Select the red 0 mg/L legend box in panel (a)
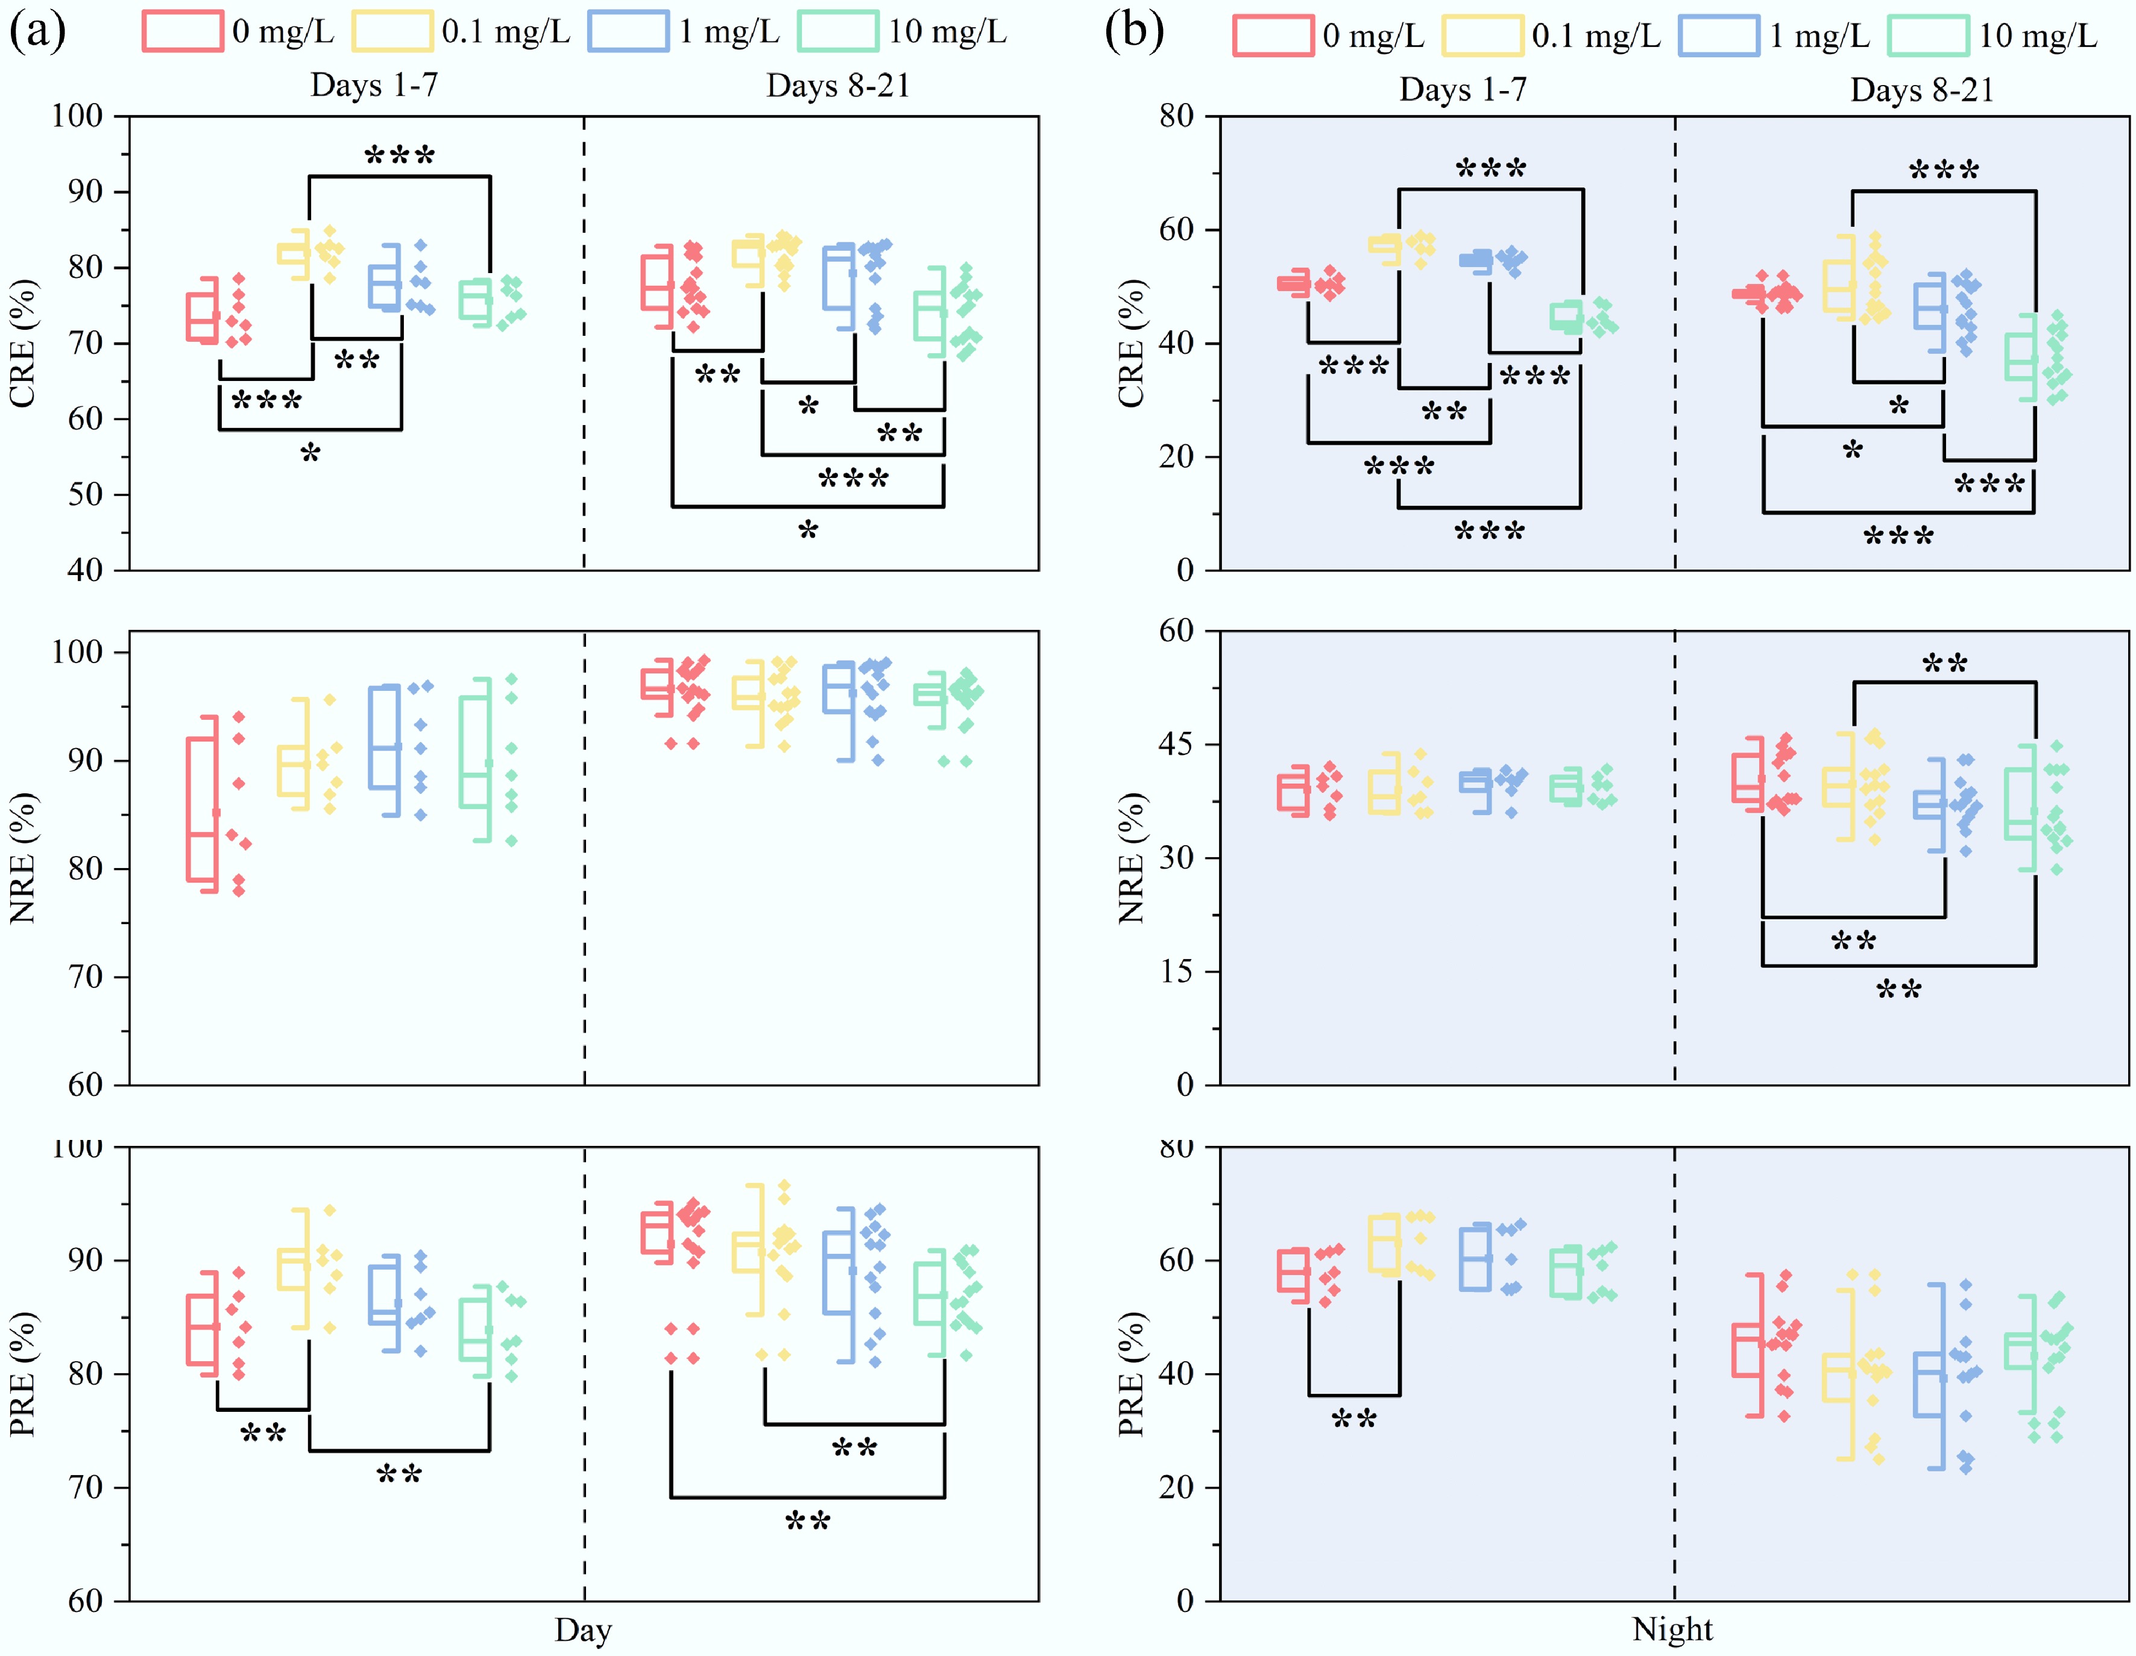182,31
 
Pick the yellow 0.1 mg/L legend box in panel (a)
392,31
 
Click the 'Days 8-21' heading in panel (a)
838,86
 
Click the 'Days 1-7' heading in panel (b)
1462,90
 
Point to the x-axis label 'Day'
583,1629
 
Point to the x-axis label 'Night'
1672,1629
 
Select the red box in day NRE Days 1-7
203,809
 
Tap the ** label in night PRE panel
1353,1419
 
